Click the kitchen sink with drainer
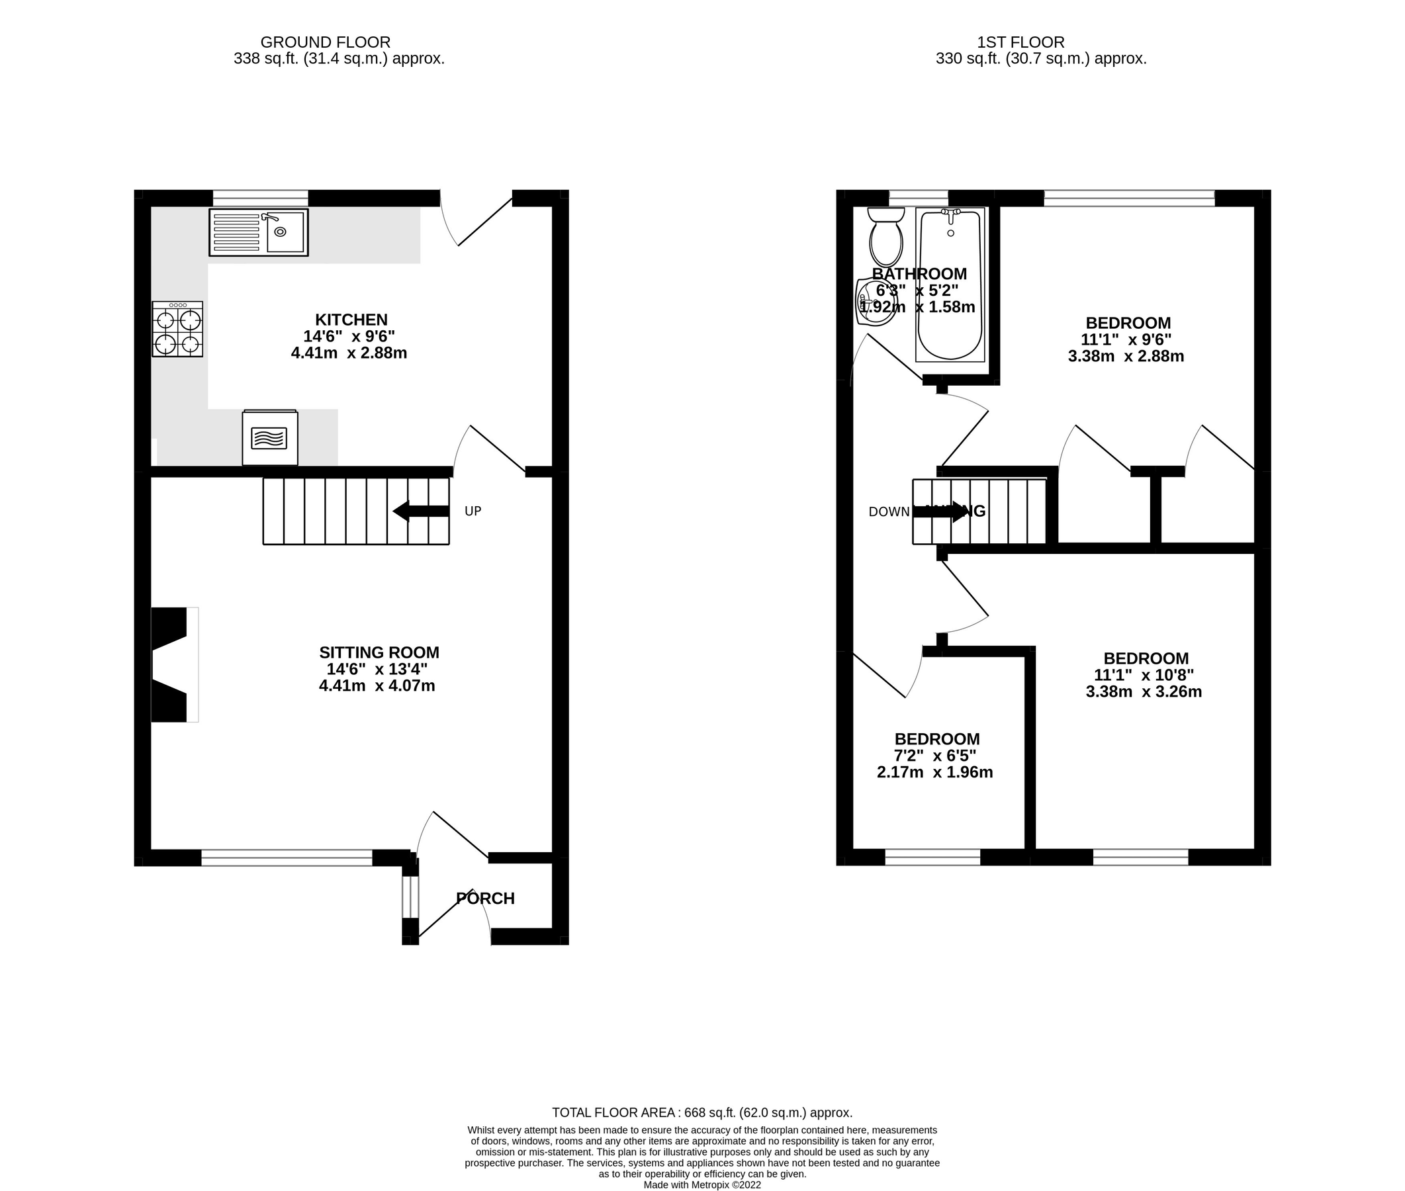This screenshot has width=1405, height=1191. coord(259,232)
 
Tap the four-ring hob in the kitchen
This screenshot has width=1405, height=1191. coord(177,330)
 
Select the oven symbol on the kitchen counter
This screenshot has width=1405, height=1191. coord(269,437)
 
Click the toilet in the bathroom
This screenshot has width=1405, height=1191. coord(885,238)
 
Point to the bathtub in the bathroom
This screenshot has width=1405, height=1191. coord(950,285)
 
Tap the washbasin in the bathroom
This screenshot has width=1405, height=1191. coord(873,302)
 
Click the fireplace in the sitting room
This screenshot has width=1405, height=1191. coord(173,665)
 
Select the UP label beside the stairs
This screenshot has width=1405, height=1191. coord(473,511)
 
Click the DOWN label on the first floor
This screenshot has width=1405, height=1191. coord(889,511)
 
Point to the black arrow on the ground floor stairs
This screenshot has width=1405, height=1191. coord(421,511)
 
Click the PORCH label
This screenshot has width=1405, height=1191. coord(486,898)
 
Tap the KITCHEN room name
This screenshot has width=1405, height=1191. coord(351,320)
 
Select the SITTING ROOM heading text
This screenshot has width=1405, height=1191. coord(379,652)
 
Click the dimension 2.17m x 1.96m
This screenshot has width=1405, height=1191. coord(934,772)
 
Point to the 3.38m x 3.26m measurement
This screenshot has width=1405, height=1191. coord(1143,691)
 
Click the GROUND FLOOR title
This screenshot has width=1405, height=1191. coord(326,42)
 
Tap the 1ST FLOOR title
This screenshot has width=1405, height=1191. coord(1020,42)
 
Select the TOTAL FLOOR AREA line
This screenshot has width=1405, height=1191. coord(702,1112)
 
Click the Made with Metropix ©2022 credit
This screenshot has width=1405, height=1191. coord(702,1184)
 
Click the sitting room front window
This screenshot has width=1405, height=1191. coord(287,858)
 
